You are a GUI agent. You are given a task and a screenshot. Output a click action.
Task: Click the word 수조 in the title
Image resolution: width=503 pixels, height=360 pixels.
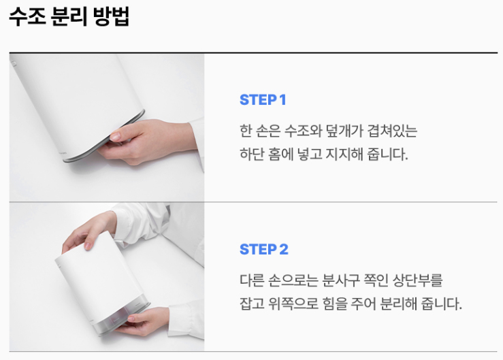pos(28,16)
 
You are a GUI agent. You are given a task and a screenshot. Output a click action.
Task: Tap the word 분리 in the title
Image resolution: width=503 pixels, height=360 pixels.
pos(69,16)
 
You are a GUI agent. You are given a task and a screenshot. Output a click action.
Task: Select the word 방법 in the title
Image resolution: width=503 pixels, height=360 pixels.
pos(112,16)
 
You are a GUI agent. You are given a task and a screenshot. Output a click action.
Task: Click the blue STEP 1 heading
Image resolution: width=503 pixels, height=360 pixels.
pos(263,100)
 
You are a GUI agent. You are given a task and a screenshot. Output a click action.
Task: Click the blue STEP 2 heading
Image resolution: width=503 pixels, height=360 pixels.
pos(264,249)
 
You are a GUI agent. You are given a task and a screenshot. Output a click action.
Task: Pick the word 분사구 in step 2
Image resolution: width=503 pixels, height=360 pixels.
pos(340,280)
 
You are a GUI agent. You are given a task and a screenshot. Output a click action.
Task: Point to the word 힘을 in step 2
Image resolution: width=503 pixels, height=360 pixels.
pos(335,304)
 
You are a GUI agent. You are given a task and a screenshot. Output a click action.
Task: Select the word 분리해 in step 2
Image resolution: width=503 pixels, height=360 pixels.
pos(397,304)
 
